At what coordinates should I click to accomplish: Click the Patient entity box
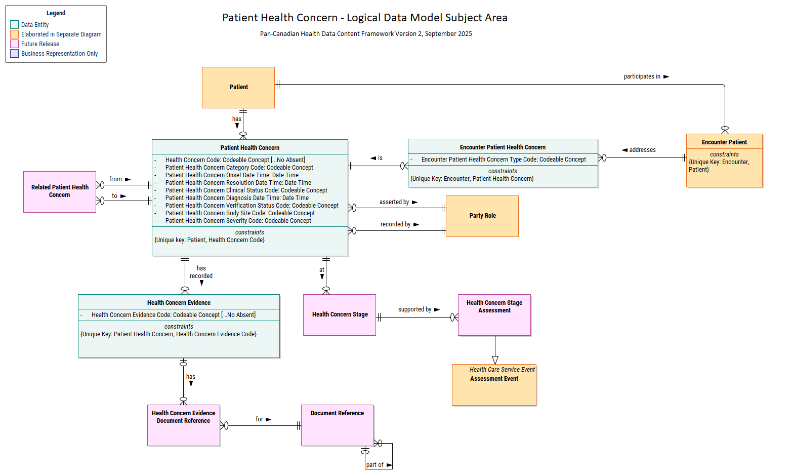coord(238,88)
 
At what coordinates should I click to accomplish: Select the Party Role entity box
coord(482,216)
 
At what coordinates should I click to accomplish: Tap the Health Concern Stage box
coord(340,315)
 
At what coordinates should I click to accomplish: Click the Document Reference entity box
coord(338,425)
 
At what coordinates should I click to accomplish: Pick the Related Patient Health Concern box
coord(60,191)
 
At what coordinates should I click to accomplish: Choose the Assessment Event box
coord(494,385)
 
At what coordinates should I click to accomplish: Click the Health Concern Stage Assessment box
coord(494,315)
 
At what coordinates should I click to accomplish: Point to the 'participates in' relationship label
coord(642,76)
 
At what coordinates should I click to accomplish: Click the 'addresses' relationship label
coord(642,150)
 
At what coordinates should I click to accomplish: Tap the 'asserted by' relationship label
coord(394,202)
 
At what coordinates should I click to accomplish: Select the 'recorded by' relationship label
coord(395,224)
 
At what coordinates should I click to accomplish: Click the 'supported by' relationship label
coord(414,309)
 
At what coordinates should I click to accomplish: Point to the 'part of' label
coord(375,465)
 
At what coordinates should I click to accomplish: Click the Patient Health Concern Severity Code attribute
coord(238,221)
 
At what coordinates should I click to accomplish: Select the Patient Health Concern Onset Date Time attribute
coord(232,175)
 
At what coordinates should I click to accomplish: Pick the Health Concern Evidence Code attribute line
coord(173,315)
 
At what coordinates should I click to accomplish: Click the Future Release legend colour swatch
coord(15,44)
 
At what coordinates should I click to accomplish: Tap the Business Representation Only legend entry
coord(59,54)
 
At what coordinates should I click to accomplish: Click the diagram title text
coord(364,18)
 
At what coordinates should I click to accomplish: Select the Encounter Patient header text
coord(724,142)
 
